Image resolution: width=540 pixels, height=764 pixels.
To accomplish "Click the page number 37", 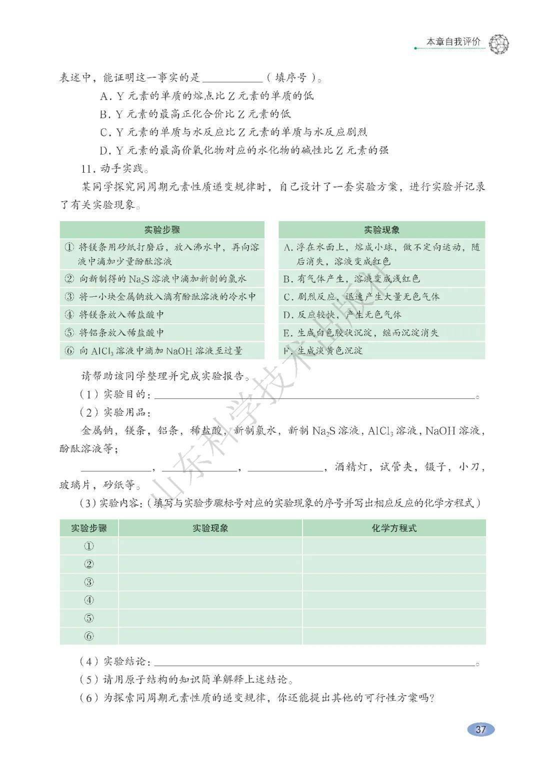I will point(480,729).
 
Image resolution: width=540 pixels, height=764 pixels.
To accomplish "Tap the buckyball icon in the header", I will point(497,45).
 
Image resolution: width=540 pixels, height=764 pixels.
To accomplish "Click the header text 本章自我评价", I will point(453,42).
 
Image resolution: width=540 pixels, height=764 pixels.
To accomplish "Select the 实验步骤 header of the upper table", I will point(162,230).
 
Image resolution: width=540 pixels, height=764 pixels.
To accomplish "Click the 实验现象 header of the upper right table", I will point(381,230).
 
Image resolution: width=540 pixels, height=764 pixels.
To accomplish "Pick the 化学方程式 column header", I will point(393,528).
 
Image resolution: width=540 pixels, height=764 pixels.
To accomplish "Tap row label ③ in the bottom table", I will point(89,582).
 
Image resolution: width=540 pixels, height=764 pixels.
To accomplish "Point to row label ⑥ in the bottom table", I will point(89,636).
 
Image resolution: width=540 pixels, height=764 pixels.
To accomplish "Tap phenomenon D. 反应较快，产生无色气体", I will point(342,315).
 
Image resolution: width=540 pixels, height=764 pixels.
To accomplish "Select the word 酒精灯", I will point(352,467).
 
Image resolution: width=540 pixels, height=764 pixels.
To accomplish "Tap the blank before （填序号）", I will point(233,79).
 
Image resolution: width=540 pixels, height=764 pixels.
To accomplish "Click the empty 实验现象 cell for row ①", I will point(210,546).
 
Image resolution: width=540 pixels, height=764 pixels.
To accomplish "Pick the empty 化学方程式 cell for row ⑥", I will point(393,636).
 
